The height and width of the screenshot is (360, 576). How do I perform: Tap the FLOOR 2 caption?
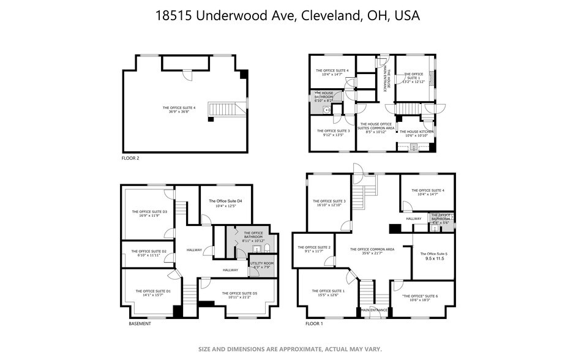click(131, 158)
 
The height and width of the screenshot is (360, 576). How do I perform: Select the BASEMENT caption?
click(140, 323)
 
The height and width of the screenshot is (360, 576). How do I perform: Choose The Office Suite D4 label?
click(225, 201)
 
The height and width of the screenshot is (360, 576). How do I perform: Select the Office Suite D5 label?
click(239, 293)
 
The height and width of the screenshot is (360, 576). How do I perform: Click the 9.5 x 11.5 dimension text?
click(433, 259)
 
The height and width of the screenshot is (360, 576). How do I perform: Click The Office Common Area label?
click(372, 249)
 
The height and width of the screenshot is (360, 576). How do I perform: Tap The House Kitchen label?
click(416, 132)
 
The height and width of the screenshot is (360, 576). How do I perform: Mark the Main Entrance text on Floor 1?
click(374, 310)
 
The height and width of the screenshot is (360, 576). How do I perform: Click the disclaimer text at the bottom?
click(290, 349)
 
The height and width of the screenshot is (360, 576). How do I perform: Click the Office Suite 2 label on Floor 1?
click(318, 247)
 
